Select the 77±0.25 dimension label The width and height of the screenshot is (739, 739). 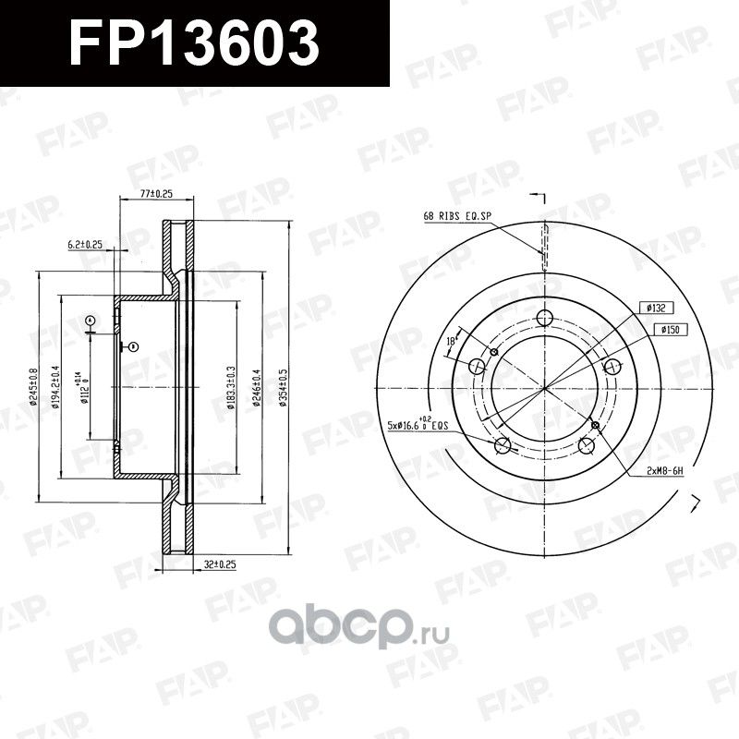click(x=157, y=195)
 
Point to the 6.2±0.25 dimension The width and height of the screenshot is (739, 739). click(x=85, y=245)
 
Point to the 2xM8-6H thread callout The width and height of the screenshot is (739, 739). click(x=664, y=470)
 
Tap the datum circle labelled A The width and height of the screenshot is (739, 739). click(x=90, y=321)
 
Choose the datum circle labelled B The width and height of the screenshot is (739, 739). click(x=134, y=346)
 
